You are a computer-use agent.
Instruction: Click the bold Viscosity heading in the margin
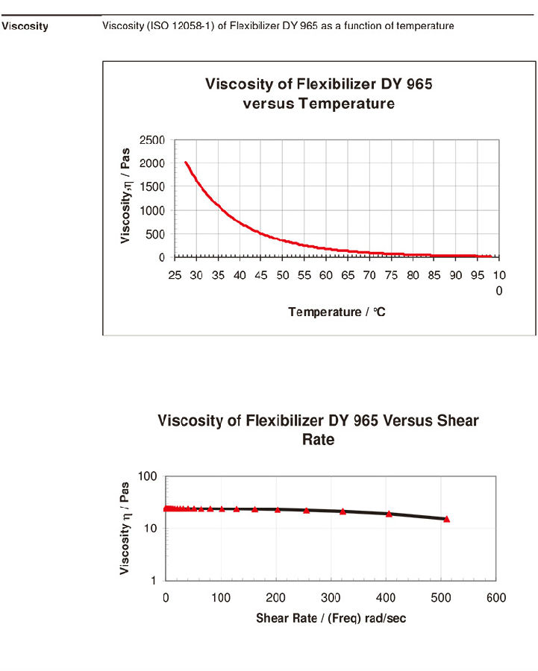pyautogui.click(x=25, y=27)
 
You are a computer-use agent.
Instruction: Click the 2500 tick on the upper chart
pyautogui.click(x=151, y=140)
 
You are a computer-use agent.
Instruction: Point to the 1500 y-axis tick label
pyautogui.click(x=151, y=187)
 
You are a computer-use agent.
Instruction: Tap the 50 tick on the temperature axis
pyautogui.click(x=283, y=276)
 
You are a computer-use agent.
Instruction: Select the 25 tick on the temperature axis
pyautogui.click(x=175, y=276)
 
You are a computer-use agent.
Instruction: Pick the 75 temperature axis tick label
pyautogui.click(x=392, y=276)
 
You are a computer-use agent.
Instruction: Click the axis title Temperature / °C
pyautogui.click(x=337, y=312)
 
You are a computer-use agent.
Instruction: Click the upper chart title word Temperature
pyautogui.click(x=346, y=104)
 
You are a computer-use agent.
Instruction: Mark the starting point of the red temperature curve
pyautogui.click(x=185, y=162)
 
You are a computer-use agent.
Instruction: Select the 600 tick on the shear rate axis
pyautogui.click(x=496, y=598)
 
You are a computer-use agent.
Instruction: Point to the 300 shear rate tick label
pyautogui.click(x=331, y=598)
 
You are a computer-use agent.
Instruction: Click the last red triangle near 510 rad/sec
pyautogui.click(x=447, y=518)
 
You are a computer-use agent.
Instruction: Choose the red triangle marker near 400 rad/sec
pyautogui.click(x=389, y=514)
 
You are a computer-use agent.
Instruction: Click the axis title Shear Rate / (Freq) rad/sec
pyautogui.click(x=331, y=619)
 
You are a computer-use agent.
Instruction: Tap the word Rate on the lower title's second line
pyautogui.click(x=318, y=440)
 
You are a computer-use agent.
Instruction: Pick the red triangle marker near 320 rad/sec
pyautogui.click(x=342, y=511)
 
